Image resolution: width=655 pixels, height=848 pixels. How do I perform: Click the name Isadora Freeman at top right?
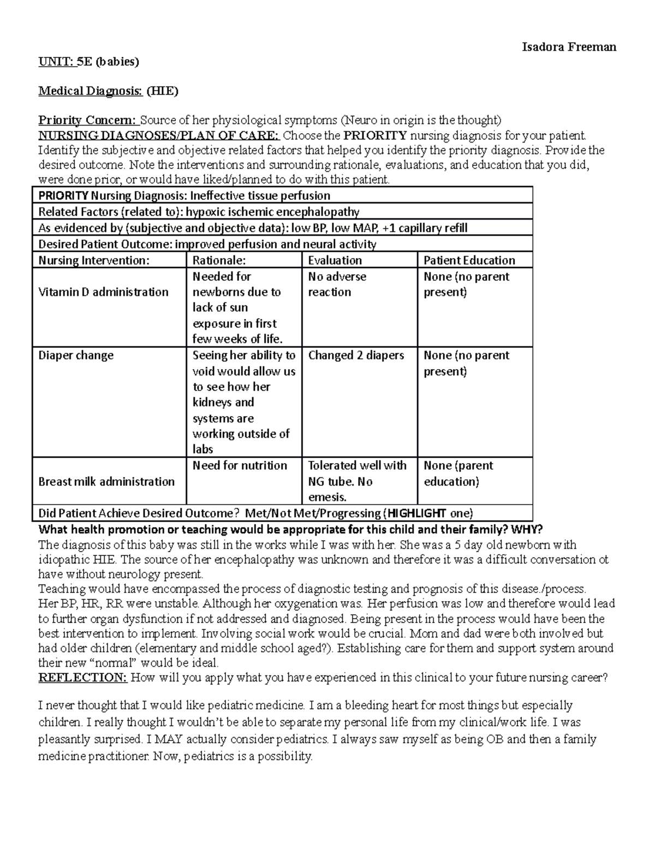(x=569, y=46)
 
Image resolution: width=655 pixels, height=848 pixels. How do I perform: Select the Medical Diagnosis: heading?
(x=90, y=91)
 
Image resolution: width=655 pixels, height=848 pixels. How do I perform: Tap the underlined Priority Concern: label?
(x=88, y=120)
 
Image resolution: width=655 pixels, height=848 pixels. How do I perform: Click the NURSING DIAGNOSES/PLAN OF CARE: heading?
(x=158, y=135)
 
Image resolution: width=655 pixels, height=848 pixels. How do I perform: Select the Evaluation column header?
(x=335, y=260)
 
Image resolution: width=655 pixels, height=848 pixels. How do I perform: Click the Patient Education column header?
(x=469, y=260)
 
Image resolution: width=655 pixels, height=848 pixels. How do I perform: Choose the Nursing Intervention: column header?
(x=93, y=260)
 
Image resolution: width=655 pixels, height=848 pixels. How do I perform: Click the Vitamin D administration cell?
(x=103, y=292)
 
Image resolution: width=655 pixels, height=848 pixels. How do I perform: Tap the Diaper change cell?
(x=76, y=355)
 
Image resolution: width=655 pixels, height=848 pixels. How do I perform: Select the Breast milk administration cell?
(x=106, y=482)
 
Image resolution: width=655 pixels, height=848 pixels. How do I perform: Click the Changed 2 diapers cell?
(x=356, y=355)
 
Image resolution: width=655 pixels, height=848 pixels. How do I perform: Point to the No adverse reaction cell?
(x=337, y=284)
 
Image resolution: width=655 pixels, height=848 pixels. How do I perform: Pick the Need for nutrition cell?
(x=240, y=466)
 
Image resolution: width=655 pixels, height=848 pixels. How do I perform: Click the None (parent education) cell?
(x=458, y=473)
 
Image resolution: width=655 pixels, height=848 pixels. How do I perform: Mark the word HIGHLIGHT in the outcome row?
(x=416, y=513)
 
